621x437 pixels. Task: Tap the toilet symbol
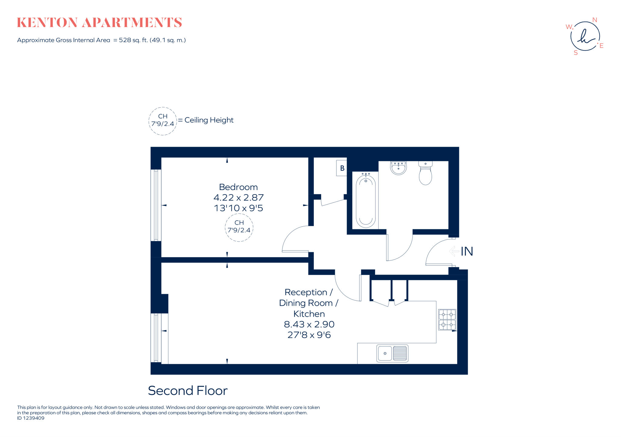click(x=425, y=174)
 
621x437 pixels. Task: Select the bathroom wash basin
click(x=398, y=168)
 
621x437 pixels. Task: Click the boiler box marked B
click(x=342, y=168)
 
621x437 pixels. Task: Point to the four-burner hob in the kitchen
click(x=447, y=319)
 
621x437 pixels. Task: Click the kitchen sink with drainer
click(x=392, y=353)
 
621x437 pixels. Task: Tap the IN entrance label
click(x=467, y=251)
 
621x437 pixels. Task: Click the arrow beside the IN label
click(x=454, y=251)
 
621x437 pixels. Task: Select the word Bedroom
click(x=238, y=187)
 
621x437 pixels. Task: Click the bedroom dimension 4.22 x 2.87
click(x=238, y=198)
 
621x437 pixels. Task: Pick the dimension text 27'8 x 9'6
click(x=309, y=335)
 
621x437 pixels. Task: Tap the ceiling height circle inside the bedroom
click(x=239, y=227)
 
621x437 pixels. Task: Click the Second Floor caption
click(x=187, y=391)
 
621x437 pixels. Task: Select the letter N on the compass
click(x=594, y=20)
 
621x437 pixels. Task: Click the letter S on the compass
click(x=576, y=53)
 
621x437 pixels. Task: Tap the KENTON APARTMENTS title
click(x=99, y=23)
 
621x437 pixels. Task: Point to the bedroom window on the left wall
click(x=156, y=205)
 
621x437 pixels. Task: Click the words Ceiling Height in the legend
click(x=209, y=120)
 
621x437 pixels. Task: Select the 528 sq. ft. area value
click(x=133, y=40)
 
